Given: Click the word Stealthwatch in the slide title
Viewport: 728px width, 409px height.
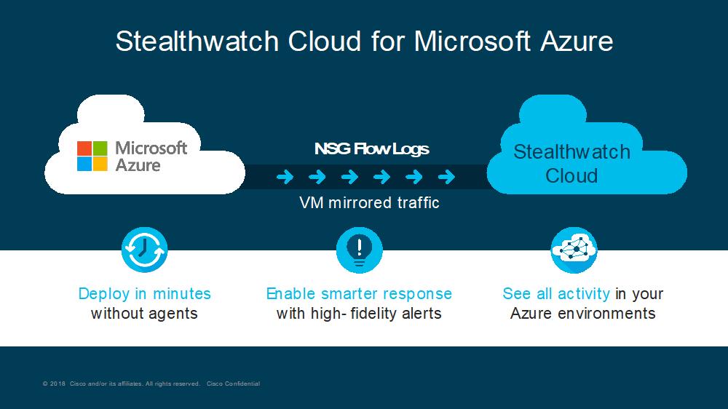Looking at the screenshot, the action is click(x=197, y=41).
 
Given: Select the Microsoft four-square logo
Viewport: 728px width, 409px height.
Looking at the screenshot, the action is click(x=92, y=156).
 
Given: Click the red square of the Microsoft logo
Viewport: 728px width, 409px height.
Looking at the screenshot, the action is click(x=84, y=148).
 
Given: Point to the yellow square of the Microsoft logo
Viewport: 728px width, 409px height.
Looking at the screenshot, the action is click(x=100, y=164).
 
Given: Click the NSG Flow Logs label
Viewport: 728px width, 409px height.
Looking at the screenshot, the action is click(x=371, y=149).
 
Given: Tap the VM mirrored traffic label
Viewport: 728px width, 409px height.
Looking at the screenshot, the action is click(x=369, y=203).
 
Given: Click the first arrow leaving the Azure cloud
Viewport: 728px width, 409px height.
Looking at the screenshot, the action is click(x=285, y=176).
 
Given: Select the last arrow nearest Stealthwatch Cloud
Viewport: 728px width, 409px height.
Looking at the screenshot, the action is click(x=447, y=176).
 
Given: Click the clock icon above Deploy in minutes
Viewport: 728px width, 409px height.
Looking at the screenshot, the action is click(x=144, y=250).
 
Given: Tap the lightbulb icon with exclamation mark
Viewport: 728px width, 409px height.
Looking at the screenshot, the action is click(x=360, y=250).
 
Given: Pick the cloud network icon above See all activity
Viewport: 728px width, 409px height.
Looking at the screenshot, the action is click(x=574, y=250).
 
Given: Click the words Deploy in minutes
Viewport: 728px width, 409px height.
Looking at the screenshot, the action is click(x=144, y=293).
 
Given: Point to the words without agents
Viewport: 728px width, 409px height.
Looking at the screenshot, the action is click(x=144, y=314).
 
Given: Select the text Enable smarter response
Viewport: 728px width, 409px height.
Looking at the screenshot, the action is click(x=359, y=293).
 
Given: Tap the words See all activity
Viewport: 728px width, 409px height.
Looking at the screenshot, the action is click(x=556, y=293).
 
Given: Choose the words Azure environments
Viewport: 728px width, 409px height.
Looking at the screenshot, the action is click(x=582, y=314).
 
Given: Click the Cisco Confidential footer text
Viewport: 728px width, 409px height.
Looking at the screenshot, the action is click(x=233, y=384).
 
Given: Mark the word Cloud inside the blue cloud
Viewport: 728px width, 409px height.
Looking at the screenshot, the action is click(x=571, y=176).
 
